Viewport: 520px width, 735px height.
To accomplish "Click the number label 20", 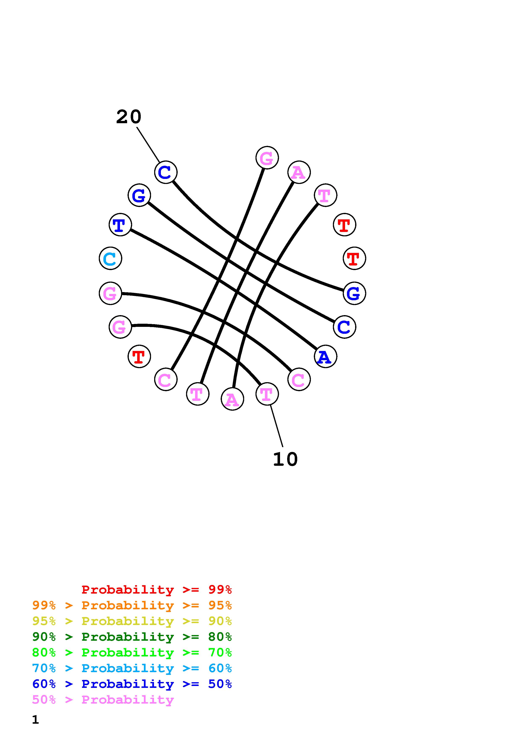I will (x=128, y=117).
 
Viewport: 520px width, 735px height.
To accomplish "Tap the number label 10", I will (x=285, y=459).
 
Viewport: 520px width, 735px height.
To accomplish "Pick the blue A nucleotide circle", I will (x=326, y=356).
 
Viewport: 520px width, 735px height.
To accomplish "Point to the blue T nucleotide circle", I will (x=120, y=225).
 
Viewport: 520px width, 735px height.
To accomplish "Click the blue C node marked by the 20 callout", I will (x=166, y=172).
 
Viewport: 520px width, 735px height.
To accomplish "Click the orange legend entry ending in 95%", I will (x=132, y=605).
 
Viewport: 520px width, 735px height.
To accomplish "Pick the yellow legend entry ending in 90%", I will (x=132, y=621).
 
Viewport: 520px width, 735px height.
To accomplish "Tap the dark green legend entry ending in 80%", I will (x=132, y=637).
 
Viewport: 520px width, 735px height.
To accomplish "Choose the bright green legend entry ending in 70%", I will (x=132, y=652).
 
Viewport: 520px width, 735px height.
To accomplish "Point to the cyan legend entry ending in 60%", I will (x=132, y=668).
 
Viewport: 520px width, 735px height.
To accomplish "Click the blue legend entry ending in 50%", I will (x=132, y=684).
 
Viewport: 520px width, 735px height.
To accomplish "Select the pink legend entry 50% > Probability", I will (x=103, y=699).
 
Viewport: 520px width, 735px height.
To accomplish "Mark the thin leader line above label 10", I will (x=276, y=426).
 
